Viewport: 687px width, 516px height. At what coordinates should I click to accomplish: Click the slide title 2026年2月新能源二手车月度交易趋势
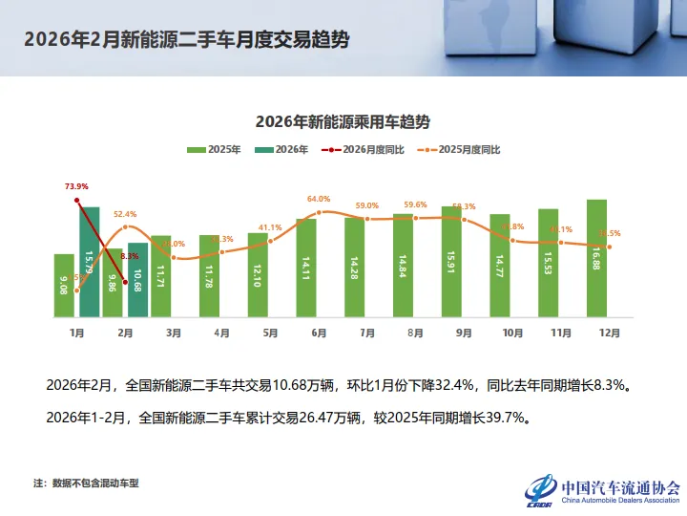tap(186, 39)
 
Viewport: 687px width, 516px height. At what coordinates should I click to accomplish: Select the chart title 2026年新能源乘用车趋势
tap(343, 122)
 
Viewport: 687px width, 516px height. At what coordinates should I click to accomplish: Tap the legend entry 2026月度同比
tap(366, 150)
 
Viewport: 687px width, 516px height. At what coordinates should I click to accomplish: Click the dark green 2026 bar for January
tap(89, 262)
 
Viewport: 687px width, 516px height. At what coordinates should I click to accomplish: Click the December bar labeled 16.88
tap(597, 258)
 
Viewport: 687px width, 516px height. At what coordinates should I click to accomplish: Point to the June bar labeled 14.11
tap(306, 268)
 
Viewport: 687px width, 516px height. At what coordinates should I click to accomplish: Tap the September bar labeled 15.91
tap(452, 261)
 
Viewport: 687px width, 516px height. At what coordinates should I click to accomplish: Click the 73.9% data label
tap(76, 186)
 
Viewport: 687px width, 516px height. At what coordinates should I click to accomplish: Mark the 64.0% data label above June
tap(319, 199)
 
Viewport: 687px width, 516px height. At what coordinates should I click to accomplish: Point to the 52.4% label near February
tap(125, 214)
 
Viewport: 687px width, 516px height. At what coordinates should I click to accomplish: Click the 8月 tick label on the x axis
tap(416, 333)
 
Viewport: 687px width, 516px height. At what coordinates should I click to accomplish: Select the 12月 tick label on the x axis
tap(610, 333)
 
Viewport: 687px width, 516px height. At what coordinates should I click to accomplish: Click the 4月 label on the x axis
tap(221, 333)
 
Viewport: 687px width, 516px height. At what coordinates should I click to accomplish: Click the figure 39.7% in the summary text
tap(505, 418)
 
